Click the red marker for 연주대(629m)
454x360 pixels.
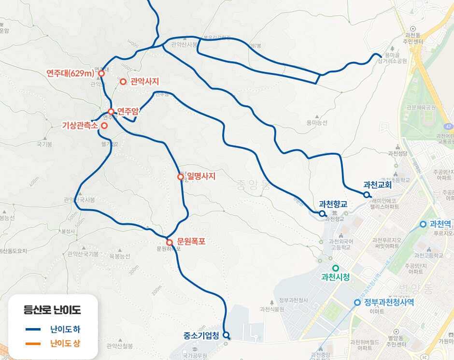pos(101,73)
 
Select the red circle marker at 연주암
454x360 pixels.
pos(111,112)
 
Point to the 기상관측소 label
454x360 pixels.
pos(80,126)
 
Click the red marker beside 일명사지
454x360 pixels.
pos(181,177)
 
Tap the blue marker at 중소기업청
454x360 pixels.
pos(226,334)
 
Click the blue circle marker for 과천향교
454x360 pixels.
pos(322,213)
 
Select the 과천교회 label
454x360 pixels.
pos(377,185)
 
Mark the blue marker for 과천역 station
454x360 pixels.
pos(423,224)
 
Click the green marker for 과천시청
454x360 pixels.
pos(336,268)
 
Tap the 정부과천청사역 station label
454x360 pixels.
pos(389,302)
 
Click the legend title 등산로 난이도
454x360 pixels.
pos(53,310)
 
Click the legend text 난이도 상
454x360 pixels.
pos(65,344)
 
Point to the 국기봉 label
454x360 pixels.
pos(44,144)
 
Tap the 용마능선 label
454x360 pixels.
pos(316,123)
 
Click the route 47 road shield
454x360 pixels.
pos(449,126)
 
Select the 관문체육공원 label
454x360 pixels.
pos(421,107)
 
